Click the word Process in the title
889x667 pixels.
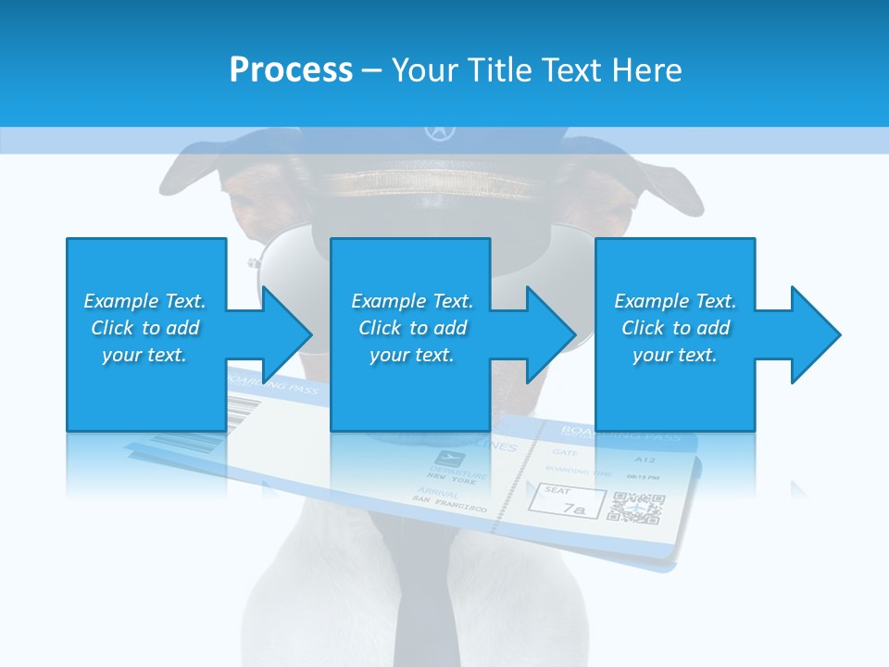tap(291, 70)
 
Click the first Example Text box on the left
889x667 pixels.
tap(145, 333)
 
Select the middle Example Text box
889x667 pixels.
tap(410, 333)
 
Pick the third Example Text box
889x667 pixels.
tap(674, 333)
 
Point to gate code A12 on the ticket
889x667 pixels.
tap(645, 459)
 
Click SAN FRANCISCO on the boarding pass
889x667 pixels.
tap(449, 505)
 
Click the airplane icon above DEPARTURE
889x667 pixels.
tap(449, 459)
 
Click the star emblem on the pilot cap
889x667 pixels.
tap(436, 132)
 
